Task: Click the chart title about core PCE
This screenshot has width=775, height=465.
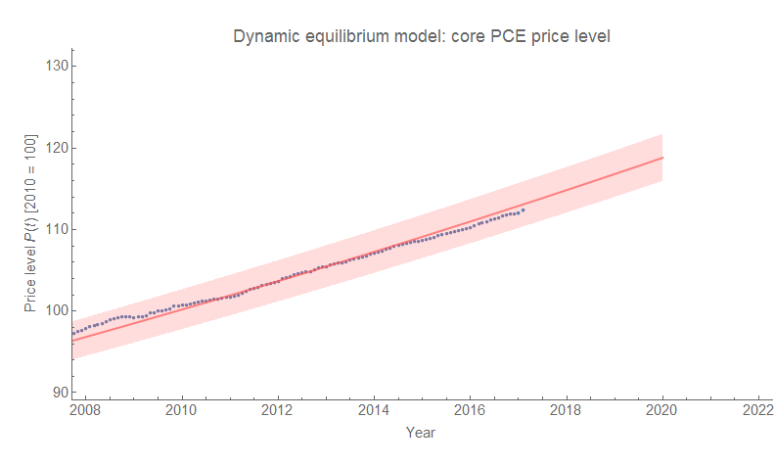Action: coord(421,37)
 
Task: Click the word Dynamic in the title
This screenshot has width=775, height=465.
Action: coord(263,37)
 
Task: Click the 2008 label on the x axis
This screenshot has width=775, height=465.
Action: coord(86,411)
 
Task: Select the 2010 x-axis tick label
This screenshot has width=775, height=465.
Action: coord(182,411)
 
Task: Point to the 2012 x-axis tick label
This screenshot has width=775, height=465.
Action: coord(278,411)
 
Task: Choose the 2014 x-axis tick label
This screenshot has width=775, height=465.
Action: coord(374,411)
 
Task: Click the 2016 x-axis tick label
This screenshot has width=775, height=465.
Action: coord(470,411)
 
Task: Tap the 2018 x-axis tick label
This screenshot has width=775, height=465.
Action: coord(567,411)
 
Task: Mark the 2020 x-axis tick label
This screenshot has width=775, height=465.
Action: coord(662,411)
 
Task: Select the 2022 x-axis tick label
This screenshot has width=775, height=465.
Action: coord(758,411)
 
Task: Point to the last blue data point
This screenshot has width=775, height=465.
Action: coord(524,209)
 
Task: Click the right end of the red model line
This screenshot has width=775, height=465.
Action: coord(662,158)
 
